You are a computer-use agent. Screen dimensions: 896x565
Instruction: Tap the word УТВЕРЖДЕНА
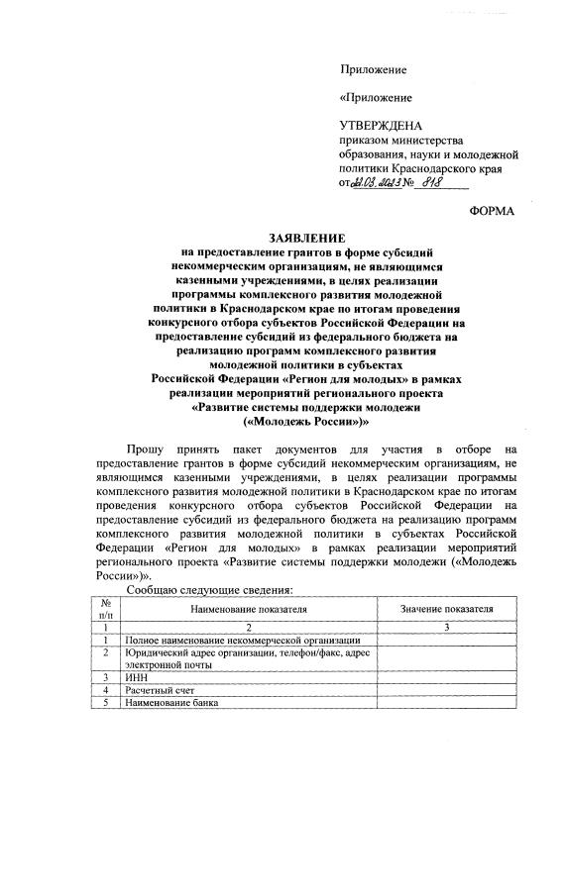tap(381, 126)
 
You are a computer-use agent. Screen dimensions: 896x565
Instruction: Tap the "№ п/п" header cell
tap(104, 610)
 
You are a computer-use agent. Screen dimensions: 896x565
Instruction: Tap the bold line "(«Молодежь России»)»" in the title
tap(306, 420)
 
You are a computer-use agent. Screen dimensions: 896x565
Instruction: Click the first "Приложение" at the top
tap(374, 70)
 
